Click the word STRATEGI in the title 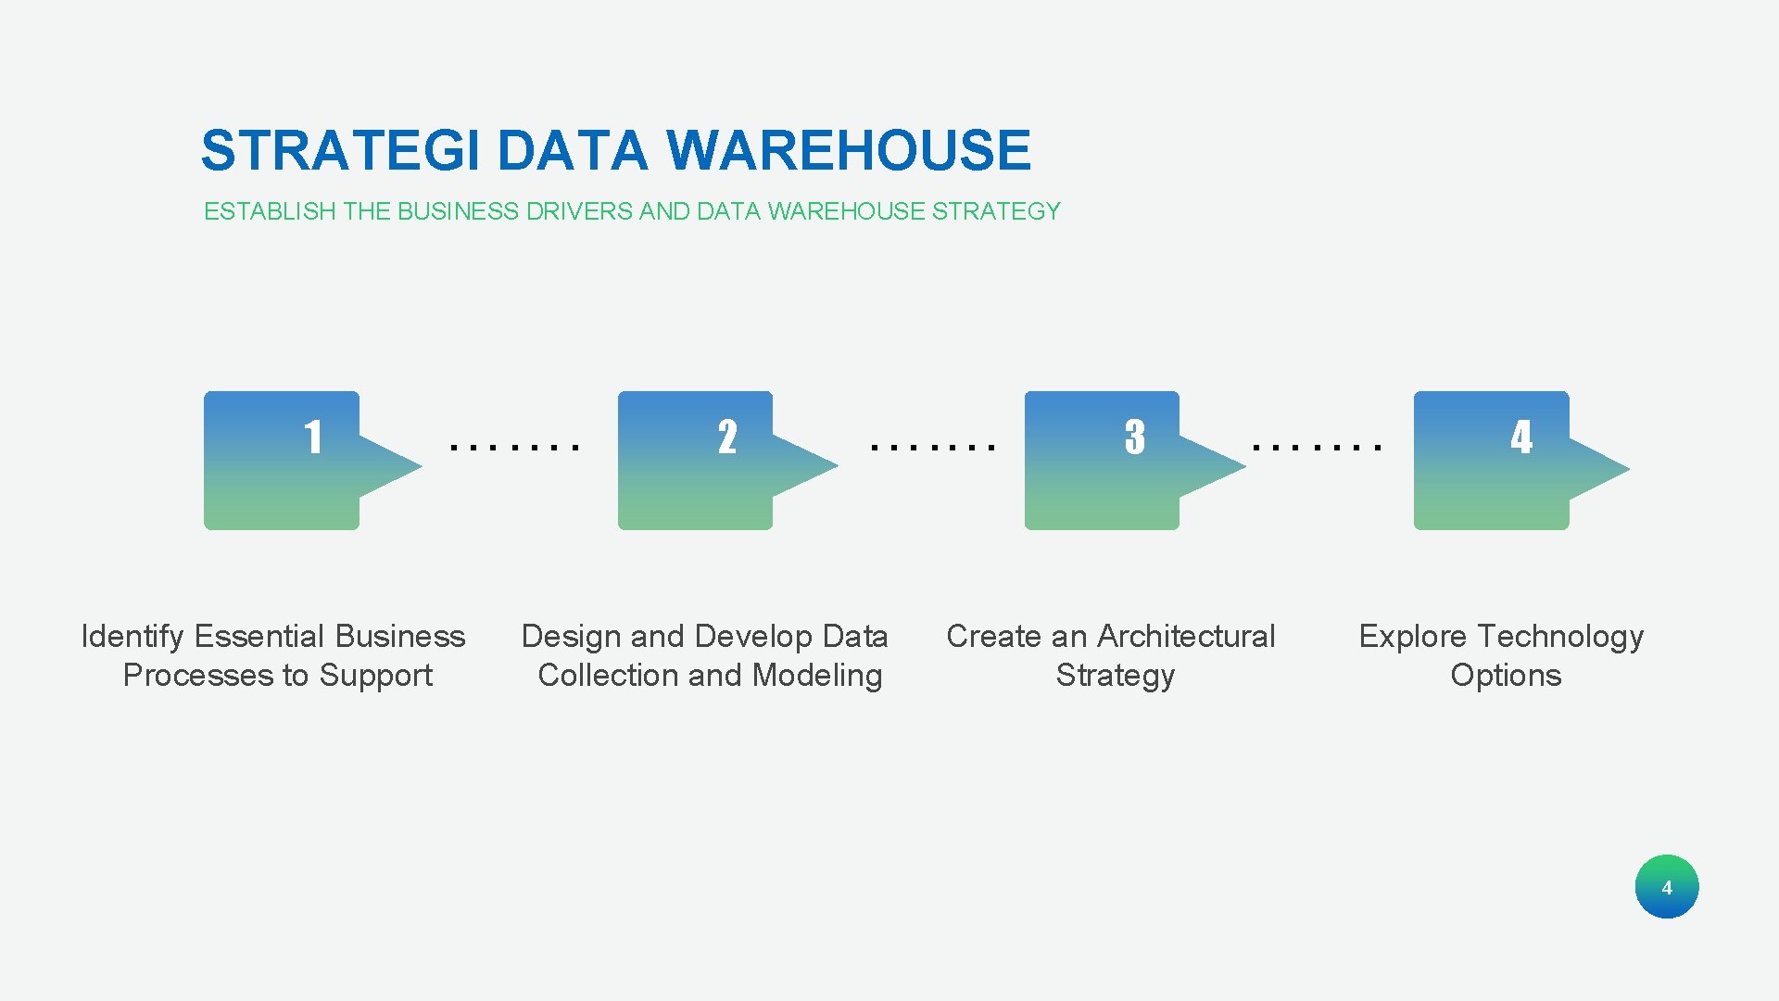tap(340, 151)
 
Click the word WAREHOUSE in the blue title tap(848, 151)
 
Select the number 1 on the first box tap(313, 437)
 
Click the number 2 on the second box tap(727, 437)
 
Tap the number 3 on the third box tap(1134, 437)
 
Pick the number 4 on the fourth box tap(1520, 437)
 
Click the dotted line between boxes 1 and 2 tap(514, 447)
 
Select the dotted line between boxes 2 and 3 tap(932, 447)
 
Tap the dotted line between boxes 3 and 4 tap(1316, 447)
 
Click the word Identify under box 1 tap(132, 637)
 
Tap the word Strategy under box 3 tap(1115, 676)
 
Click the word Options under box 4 tap(1506, 676)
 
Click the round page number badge tap(1666, 887)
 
